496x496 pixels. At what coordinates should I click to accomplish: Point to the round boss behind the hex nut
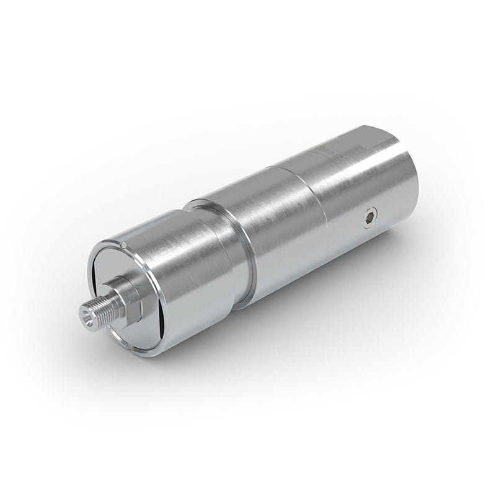[117, 286]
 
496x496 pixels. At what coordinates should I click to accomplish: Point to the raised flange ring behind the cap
[242, 248]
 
